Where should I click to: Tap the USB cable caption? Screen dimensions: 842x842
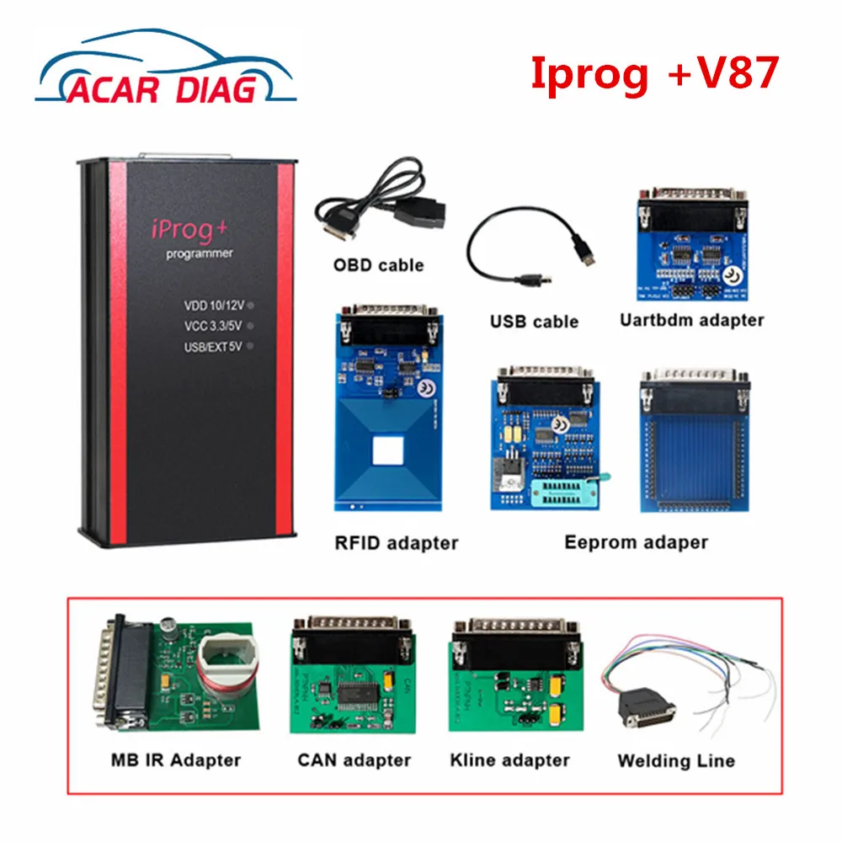(x=534, y=321)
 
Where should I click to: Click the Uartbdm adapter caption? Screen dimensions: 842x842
(x=691, y=319)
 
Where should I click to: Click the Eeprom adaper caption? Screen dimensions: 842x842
(x=636, y=541)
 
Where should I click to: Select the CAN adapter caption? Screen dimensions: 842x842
(x=354, y=759)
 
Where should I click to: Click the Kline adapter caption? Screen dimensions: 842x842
(x=509, y=759)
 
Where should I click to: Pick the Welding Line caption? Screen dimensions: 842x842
(x=675, y=760)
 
